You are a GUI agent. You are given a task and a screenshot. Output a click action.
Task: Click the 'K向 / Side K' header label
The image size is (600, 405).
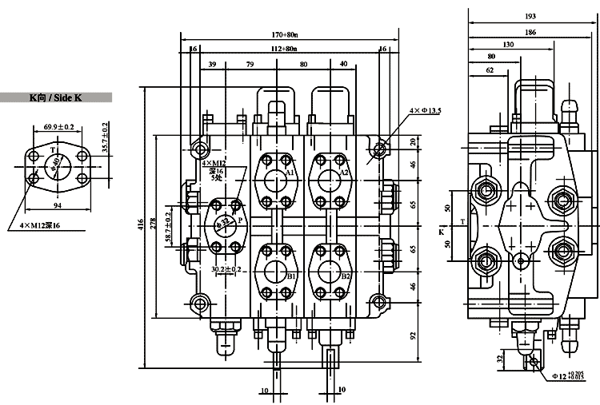coord(55,98)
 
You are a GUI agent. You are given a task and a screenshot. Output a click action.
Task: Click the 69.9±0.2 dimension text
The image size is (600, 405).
coord(59,126)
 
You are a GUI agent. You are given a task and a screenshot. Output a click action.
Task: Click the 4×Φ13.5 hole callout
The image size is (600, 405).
coord(426,110)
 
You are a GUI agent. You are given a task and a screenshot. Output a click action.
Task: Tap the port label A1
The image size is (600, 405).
coord(290,173)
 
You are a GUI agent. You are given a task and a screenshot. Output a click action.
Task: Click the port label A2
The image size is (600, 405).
coord(345,173)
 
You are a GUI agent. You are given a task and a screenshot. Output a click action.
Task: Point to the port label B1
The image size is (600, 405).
coord(292,276)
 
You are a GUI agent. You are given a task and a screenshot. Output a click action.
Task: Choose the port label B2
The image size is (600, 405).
coord(346,276)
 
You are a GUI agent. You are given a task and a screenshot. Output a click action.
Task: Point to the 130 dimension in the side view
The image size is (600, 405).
coord(508,45)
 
